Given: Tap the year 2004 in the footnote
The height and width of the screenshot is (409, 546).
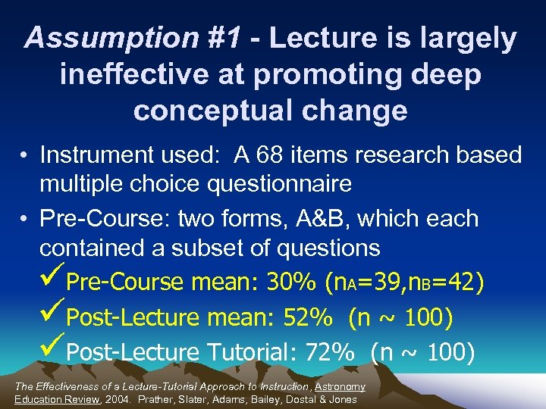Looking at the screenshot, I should click(x=119, y=399).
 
